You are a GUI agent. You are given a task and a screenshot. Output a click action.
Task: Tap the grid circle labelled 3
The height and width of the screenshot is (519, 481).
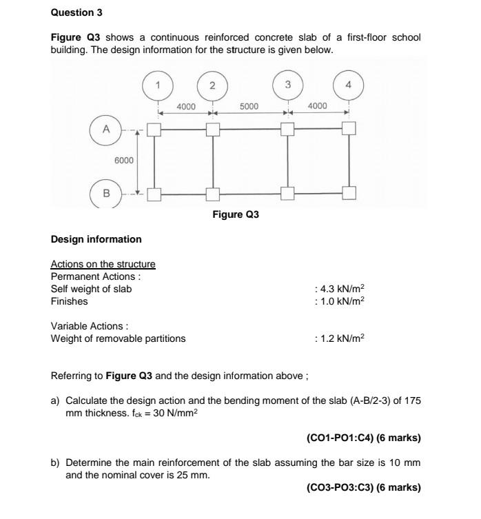click(x=287, y=85)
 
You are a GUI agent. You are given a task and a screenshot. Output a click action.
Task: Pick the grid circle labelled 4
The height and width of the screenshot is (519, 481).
click(x=349, y=85)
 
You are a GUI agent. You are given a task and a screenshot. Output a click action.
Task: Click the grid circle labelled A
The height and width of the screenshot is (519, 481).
click(x=105, y=129)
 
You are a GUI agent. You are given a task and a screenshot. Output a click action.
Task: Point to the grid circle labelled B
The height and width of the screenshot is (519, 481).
click(x=105, y=193)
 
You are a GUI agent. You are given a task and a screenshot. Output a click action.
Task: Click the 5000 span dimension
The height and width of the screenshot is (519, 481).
click(x=249, y=106)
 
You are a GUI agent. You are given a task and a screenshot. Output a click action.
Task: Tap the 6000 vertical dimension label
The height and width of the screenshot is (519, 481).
click(x=124, y=160)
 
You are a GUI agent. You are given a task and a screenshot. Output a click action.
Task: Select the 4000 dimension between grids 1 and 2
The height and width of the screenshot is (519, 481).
click(x=186, y=106)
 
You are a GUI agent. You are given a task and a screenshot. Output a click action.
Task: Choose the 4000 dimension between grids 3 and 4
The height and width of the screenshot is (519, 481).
click(x=318, y=106)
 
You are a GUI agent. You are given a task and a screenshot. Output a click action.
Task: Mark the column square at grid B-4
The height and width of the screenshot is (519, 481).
click(x=349, y=193)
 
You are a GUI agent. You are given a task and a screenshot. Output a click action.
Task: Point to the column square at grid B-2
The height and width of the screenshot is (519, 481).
click(x=213, y=194)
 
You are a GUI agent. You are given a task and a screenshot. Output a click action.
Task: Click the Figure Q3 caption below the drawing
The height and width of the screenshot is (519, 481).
click(x=236, y=215)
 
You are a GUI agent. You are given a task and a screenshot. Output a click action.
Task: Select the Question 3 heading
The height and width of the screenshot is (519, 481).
click(x=74, y=12)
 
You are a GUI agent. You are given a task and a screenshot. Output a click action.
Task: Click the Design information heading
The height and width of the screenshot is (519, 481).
click(x=96, y=240)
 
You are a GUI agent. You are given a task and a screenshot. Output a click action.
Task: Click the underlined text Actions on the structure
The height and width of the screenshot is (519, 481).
click(x=103, y=264)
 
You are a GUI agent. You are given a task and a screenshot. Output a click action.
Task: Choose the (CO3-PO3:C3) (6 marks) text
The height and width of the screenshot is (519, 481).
click(x=363, y=487)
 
